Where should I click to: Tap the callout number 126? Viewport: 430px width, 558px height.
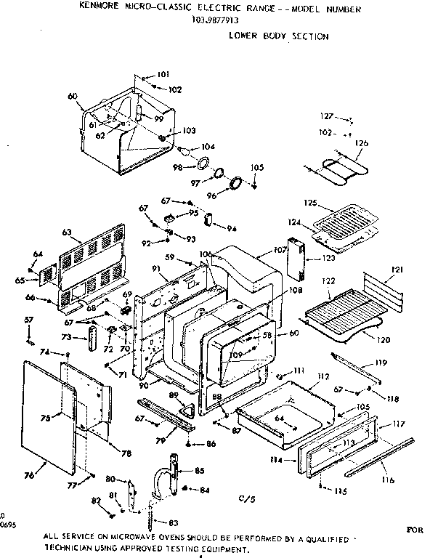pyautogui.click(x=362, y=143)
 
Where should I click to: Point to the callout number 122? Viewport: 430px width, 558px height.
pyautogui.click(x=328, y=281)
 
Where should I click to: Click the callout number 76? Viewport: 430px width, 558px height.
pyautogui.click(x=29, y=476)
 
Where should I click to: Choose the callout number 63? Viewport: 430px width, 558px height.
pyautogui.click(x=66, y=232)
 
